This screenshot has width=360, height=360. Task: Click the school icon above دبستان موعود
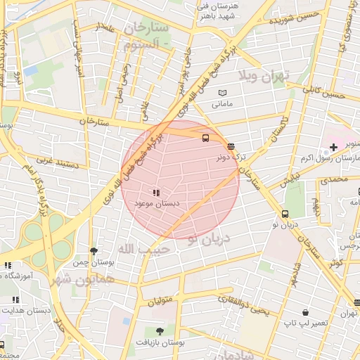pyautogui.click(x=155, y=192)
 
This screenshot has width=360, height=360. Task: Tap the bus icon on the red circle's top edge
pyautogui.click(x=205, y=138)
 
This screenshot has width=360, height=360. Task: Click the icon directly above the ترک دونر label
pyautogui.click(x=231, y=146)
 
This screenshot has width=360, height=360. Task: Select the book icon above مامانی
pyautogui.click(x=222, y=93)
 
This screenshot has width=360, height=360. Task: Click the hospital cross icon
pyautogui.click(x=333, y=146)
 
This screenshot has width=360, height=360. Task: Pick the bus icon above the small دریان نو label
pyautogui.click(x=285, y=214)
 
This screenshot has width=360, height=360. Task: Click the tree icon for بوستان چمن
pyautogui.click(x=94, y=250)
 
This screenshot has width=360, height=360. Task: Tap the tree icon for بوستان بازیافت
pyautogui.click(x=160, y=330)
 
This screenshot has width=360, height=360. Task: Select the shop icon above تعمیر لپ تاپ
pyautogui.click(x=305, y=311)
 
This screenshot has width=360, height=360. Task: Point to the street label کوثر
pyautogui.click(x=335, y=262)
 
